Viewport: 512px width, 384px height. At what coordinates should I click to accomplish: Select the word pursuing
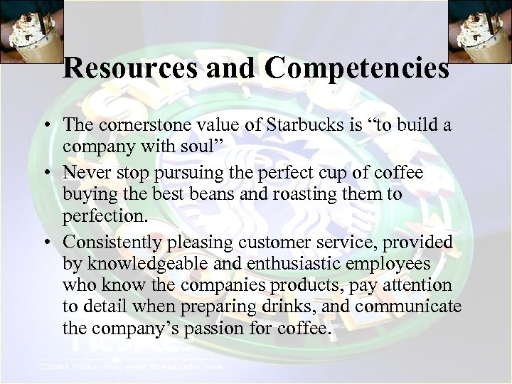[x=189, y=173]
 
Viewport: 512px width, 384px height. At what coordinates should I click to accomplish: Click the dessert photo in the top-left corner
[x=32, y=32]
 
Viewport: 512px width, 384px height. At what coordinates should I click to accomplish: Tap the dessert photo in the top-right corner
[x=480, y=32]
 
